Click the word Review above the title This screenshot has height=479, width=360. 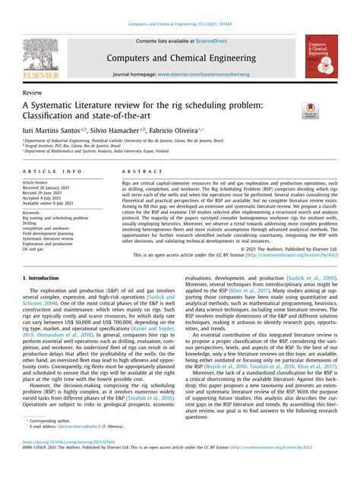pyautogui.click(x=32, y=91)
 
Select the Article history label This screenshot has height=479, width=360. pyautogui.click(x=38, y=183)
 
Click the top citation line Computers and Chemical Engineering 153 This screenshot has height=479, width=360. pyautogui.click(x=179, y=25)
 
